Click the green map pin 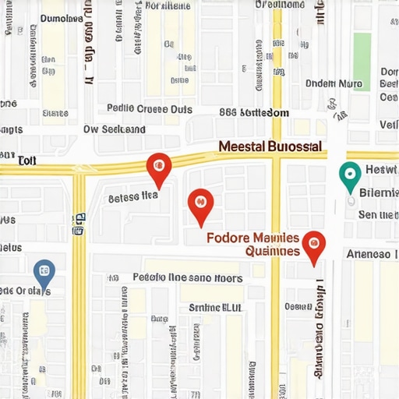click(351, 173)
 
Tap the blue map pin click(44, 272)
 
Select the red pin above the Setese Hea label click(158, 166)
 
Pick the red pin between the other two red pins click(201, 203)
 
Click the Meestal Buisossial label click(270, 146)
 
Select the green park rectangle click(362, 51)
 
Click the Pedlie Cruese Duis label click(147, 109)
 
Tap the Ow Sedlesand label click(115, 129)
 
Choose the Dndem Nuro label click(334, 83)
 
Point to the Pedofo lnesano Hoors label click(188, 277)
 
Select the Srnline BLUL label click(216, 307)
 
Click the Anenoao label click(368, 253)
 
